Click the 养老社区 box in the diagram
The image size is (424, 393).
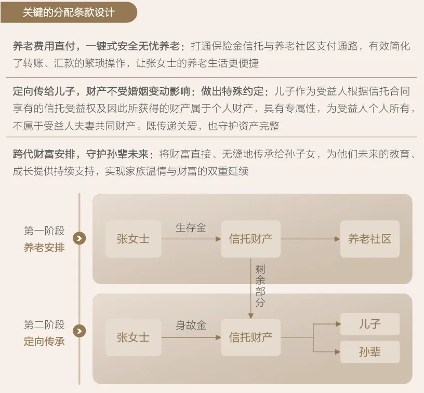(369, 239)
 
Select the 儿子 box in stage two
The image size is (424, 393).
(369, 324)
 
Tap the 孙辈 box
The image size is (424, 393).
(369, 351)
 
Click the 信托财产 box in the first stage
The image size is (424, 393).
(250, 239)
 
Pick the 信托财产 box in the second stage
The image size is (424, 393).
(250, 337)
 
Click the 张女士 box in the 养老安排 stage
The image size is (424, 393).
(132, 239)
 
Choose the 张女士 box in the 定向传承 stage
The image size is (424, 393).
(132, 337)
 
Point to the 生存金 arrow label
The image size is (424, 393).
(191, 228)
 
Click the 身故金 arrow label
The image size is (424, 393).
(191, 326)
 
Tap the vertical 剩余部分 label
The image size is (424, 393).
(260, 285)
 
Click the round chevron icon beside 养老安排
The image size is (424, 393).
(79, 238)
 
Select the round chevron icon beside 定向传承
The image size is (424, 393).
(79, 331)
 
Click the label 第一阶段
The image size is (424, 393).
(44, 231)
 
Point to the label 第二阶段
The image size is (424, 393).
(44, 325)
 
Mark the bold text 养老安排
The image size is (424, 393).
(44, 247)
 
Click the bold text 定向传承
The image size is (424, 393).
(44, 342)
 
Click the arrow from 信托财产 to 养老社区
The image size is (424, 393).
(310, 239)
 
